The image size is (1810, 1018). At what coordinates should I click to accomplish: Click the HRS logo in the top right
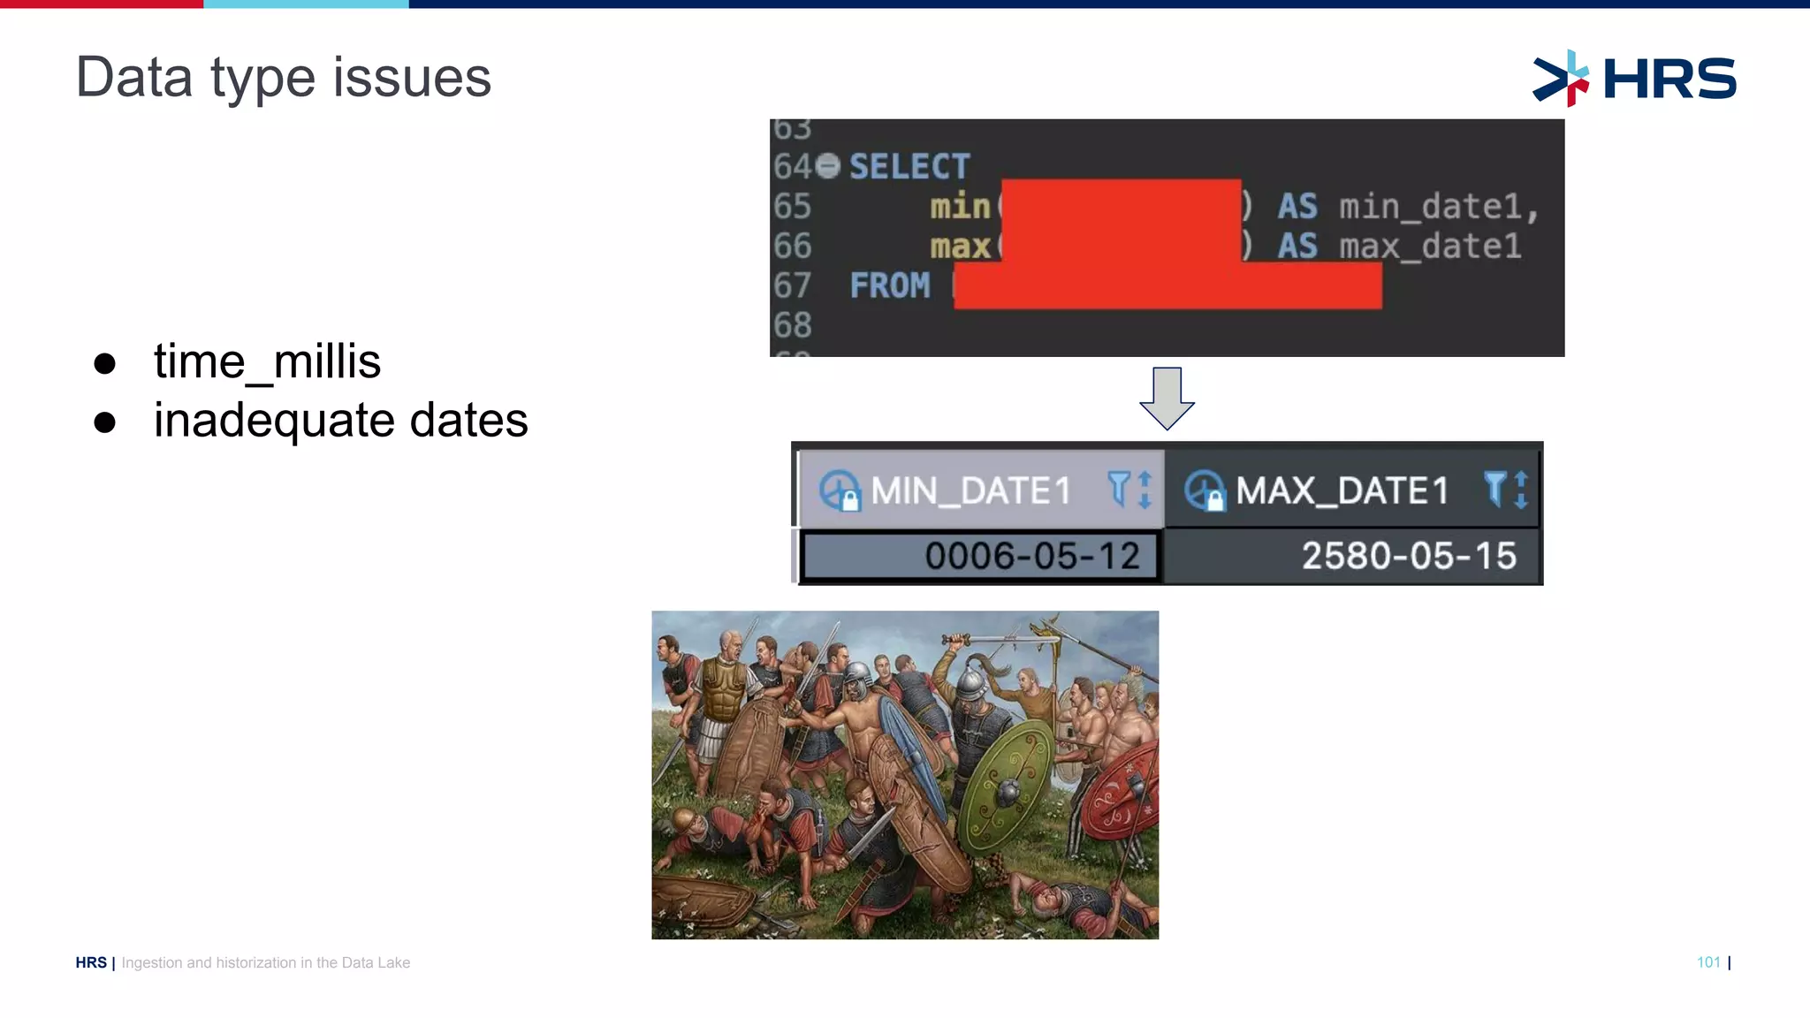point(1635,78)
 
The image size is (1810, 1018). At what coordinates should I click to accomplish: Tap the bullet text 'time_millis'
point(267,361)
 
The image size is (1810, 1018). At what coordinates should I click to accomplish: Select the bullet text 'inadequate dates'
point(340,420)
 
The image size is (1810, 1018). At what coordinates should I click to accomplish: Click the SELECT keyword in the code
point(909,166)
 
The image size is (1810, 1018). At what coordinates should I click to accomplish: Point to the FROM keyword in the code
point(890,285)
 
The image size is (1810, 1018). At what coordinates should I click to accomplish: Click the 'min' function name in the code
point(960,207)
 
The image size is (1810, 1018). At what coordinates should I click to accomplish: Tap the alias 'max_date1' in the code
point(1430,247)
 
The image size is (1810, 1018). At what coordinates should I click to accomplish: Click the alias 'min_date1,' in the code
point(1439,207)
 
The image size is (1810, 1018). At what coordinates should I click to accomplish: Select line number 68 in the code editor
point(792,325)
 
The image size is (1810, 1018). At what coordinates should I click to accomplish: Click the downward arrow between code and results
point(1167,399)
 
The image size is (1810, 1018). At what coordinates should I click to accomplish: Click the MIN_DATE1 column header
point(970,490)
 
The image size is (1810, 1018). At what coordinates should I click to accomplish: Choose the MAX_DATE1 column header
point(1342,490)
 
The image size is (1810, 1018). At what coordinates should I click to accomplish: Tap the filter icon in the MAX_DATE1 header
point(1494,489)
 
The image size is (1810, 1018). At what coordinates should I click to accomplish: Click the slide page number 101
point(1708,962)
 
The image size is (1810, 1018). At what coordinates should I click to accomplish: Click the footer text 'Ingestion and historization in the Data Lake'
point(265,962)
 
